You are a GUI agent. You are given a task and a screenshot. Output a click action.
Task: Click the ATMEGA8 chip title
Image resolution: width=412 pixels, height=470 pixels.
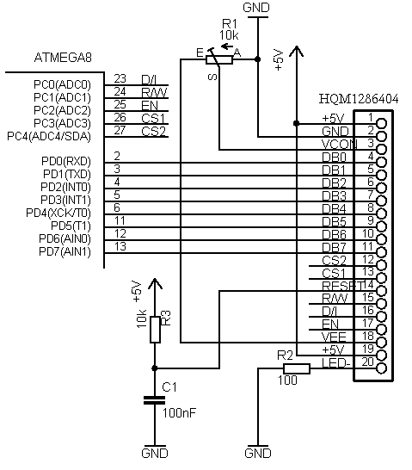[x=63, y=58]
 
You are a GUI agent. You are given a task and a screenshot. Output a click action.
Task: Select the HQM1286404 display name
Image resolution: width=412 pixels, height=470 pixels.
[x=359, y=99]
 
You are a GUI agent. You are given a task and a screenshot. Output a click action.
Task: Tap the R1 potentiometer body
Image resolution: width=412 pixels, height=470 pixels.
[x=219, y=60]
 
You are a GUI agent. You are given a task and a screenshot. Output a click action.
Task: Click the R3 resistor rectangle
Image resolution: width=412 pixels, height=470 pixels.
[x=155, y=330]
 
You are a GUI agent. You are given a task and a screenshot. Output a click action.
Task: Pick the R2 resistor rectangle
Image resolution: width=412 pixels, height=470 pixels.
[x=297, y=368]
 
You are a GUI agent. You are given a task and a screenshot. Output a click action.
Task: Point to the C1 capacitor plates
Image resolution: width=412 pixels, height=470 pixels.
[x=155, y=400]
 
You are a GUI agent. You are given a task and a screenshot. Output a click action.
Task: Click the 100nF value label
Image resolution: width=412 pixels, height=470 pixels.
[x=180, y=413]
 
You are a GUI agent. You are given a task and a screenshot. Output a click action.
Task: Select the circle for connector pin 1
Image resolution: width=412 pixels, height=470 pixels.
[x=381, y=123]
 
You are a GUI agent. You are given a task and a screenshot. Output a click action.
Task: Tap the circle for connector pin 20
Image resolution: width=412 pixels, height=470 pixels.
[x=381, y=368]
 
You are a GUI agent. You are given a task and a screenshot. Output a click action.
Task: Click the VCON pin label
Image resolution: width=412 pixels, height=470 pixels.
[x=339, y=145]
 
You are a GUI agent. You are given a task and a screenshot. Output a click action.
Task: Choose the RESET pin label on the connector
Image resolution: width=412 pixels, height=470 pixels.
[x=343, y=286]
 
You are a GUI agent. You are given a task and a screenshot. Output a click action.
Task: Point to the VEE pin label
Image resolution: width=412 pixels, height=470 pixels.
[x=334, y=337]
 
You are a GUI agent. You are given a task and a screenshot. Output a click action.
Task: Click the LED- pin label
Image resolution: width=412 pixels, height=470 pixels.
[x=336, y=363]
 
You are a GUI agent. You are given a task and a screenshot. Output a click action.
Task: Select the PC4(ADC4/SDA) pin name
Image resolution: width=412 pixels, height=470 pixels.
[x=49, y=136]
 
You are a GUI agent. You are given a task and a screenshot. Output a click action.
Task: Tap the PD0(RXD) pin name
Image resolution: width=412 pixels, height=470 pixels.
[x=66, y=162]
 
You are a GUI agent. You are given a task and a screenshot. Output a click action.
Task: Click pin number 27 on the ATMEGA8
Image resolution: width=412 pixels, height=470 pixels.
[x=120, y=130]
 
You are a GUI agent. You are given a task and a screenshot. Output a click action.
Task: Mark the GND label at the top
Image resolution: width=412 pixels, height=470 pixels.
[x=256, y=8]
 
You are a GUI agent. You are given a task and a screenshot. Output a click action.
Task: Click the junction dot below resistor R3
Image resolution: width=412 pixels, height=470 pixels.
[x=155, y=368]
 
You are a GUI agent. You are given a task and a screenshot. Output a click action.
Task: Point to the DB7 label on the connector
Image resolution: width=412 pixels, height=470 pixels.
[x=334, y=248]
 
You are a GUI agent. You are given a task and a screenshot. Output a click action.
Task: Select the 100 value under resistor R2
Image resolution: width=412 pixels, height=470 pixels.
[x=287, y=380]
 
